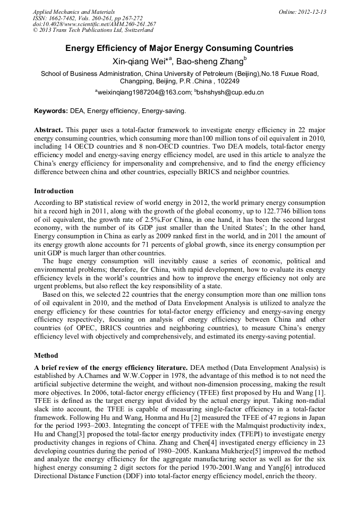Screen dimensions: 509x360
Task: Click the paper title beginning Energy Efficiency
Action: pyautogui.click(x=179, y=48)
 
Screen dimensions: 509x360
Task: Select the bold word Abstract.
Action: pyautogui.click(x=48, y=130)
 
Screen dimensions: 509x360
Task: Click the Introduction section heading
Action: pyautogui.click(x=54, y=191)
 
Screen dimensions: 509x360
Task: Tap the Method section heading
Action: pyautogui.click(x=46, y=356)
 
